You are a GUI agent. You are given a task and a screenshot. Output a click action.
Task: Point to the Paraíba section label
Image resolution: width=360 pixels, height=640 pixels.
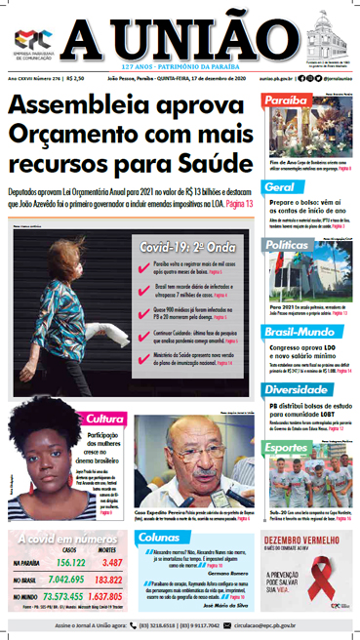coord(286,100)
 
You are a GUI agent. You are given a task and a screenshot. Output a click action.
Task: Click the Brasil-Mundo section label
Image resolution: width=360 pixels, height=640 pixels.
coord(298,334)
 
